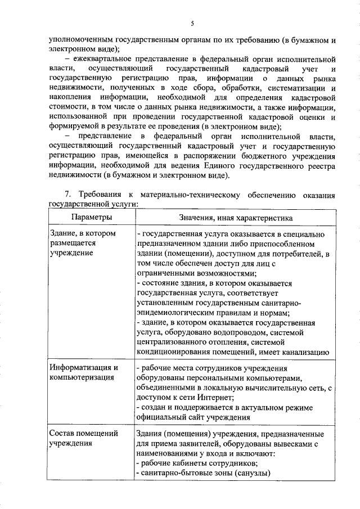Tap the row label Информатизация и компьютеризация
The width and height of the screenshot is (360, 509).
pyautogui.click(x=83, y=372)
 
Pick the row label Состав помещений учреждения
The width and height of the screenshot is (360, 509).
pyautogui.click(x=83, y=438)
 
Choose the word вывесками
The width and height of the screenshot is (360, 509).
pyautogui.click(x=286, y=444)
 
